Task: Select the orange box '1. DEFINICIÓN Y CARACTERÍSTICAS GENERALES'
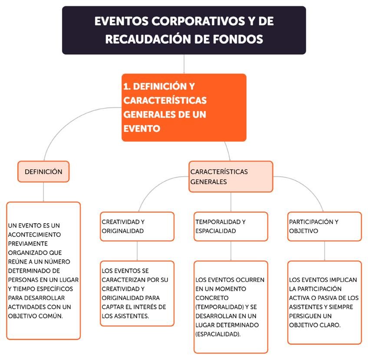tap(184, 107)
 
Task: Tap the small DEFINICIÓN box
tap(43, 172)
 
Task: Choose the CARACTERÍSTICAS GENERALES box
tap(230, 176)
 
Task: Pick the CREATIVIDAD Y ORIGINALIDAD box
tap(137, 226)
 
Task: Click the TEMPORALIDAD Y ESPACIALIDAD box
tap(230, 226)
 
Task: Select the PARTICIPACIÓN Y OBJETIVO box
tap(324, 226)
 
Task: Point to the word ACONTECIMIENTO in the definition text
tap(33, 234)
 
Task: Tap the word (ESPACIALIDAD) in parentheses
tap(217, 334)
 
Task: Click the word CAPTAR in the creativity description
tap(112, 307)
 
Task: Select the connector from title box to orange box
tap(184, 64)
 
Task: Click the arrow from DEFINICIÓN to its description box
tap(43, 192)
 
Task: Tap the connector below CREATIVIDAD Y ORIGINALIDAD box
tap(137, 251)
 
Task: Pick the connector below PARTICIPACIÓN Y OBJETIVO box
tap(324, 251)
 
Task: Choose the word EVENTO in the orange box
tap(142, 129)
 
